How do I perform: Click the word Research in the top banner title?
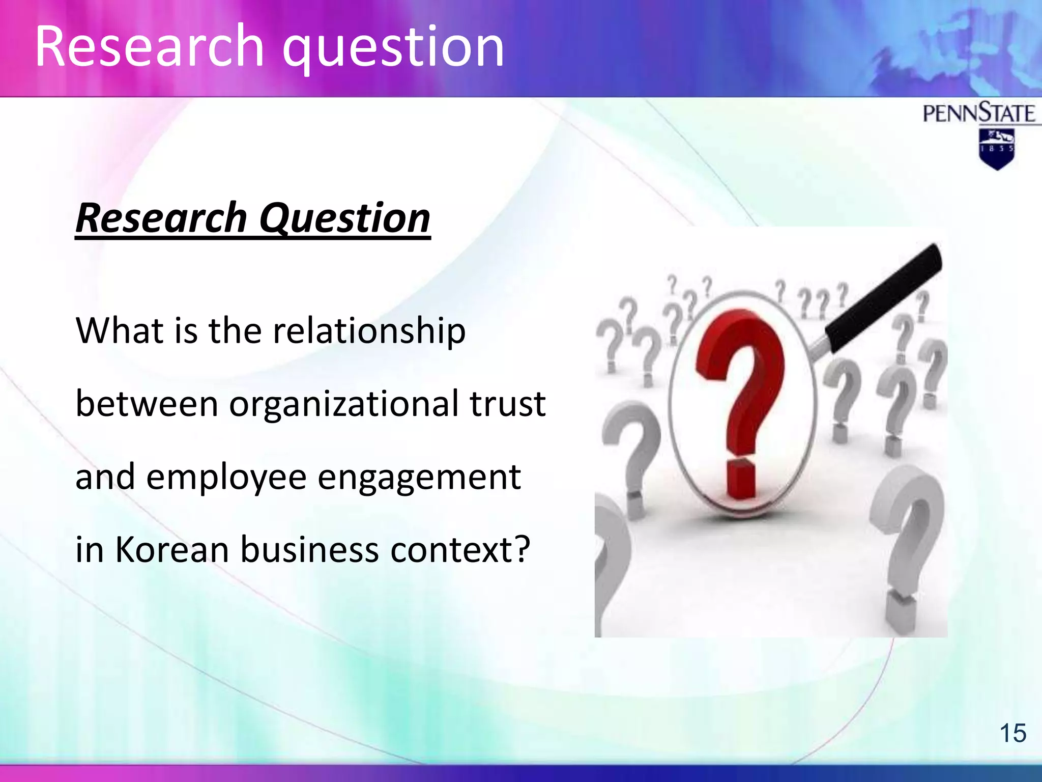pos(150,47)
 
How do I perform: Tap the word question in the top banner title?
pos(393,49)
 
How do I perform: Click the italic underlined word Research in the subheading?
pos(161,218)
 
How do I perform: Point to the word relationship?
pos(369,331)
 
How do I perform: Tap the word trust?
pos(507,404)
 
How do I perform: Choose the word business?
pos(310,550)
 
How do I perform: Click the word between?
pos(147,404)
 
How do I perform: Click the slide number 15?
pos(1012,734)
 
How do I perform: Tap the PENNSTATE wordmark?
pos(979,113)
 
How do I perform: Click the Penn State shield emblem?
pos(997,148)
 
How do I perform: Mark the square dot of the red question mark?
pos(741,479)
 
